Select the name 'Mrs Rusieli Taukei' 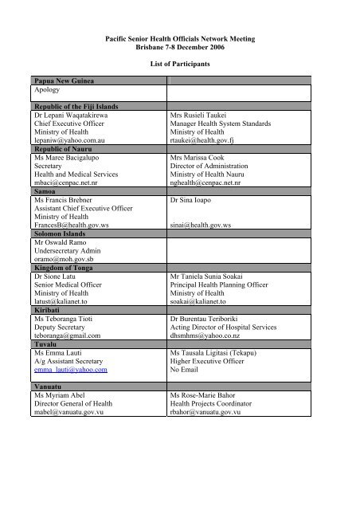tap(205, 114)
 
